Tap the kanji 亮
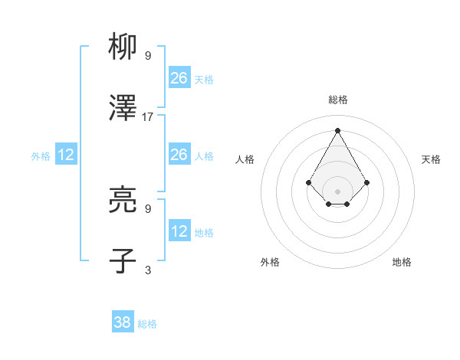(x=123, y=200)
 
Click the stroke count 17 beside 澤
(x=148, y=117)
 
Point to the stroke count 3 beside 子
(x=148, y=269)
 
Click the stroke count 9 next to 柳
(x=148, y=56)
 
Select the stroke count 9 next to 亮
(x=148, y=208)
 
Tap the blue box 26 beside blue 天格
(x=179, y=77)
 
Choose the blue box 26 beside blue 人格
(x=179, y=155)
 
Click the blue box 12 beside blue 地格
(x=179, y=231)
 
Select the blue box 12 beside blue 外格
(x=66, y=155)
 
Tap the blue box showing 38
(x=122, y=322)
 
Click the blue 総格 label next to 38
(x=147, y=324)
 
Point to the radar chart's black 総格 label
(x=337, y=100)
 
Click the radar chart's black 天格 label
(x=431, y=159)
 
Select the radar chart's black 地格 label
(x=402, y=262)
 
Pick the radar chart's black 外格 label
(x=270, y=262)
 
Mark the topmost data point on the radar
(x=337, y=129)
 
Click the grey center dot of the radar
(x=337, y=191)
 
